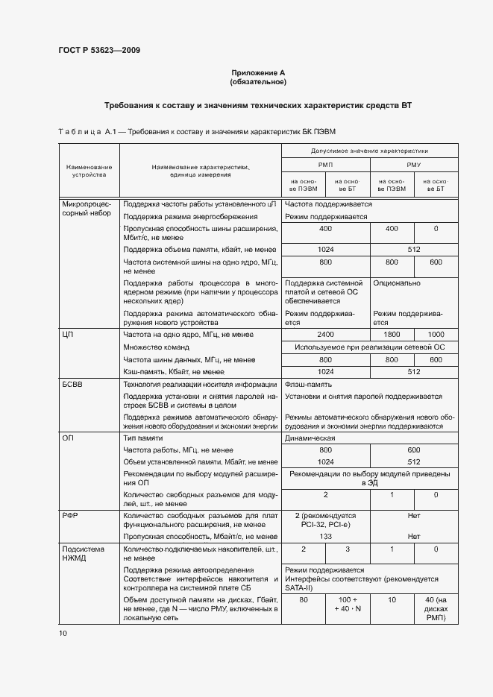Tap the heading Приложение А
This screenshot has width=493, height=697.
click(x=258, y=72)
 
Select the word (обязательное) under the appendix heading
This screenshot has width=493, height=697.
click(x=258, y=81)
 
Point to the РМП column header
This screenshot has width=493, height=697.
click(x=325, y=165)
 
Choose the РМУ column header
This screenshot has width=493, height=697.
click(x=413, y=165)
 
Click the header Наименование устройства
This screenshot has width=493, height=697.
click(x=89, y=171)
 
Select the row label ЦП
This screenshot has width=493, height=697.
click(x=67, y=335)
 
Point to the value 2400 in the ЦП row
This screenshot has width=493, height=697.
click(x=325, y=335)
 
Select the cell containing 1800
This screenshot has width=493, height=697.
click(x=392, y=335)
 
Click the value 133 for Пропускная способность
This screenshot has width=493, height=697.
click(x=325, y=536)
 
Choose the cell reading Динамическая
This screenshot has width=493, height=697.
click(x=310, y=438)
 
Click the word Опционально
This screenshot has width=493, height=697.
click(x=396, y=283)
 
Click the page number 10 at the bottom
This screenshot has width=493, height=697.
click(x=63, y=633)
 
